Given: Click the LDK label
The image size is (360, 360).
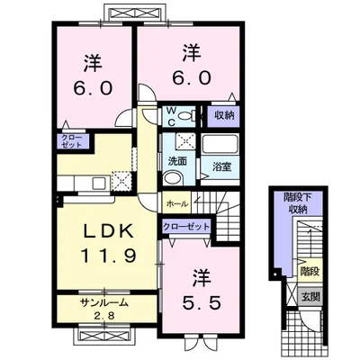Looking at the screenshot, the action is coord(109,232).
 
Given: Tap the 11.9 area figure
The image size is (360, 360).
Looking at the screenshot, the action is coord(109,256).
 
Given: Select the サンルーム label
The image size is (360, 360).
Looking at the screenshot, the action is coord(104,303).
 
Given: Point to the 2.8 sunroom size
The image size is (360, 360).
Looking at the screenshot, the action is coord(104,316).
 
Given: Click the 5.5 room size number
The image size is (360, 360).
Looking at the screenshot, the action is coord(202,302).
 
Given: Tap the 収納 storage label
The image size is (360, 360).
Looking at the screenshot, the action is coord(224,116).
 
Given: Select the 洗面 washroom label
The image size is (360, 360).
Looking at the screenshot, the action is coord(177,161).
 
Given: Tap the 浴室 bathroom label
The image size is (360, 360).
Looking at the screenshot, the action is coord(221,166).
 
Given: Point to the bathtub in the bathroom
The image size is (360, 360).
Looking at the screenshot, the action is coord(220,145).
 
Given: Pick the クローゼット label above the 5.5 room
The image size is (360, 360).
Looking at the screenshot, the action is coord(186,226).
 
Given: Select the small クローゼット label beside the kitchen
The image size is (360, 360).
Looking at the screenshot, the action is coord(71,141).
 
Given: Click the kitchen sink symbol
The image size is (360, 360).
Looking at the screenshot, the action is coord(99,183).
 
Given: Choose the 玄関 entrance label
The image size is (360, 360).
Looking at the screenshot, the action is coord(310,297).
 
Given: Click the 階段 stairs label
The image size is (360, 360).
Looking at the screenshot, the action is coord(310,272).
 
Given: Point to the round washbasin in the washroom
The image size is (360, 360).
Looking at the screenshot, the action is coord(172,178).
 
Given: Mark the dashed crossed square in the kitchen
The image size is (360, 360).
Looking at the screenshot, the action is coord(121,181).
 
